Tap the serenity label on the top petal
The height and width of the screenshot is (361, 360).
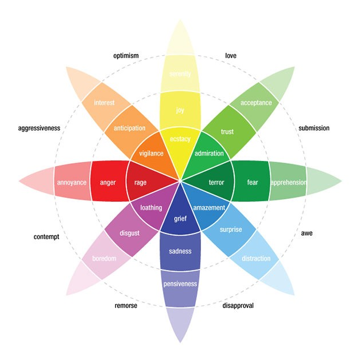click(x=180, y=74)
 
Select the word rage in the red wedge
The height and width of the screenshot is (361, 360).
click(x=141, y=182)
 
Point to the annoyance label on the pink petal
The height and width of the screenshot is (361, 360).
click(x=72, y=182)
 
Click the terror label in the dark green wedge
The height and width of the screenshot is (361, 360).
click(x=216, y=182)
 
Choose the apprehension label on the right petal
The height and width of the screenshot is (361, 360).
click(x=288, y=182)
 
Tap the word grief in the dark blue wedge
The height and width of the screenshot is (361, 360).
click(x=180, y=219)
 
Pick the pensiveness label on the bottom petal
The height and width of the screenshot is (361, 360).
click(x=180, y=283)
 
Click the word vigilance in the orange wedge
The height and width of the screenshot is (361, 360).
click(x=152, y=153)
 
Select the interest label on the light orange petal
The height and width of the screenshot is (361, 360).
click(x=104, y=103)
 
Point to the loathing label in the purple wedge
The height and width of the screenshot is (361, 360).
click(x=152, y=208)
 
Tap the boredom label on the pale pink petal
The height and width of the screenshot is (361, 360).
click(x=104, y=259)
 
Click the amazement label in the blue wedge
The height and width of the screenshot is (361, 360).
click(x=209, y=208)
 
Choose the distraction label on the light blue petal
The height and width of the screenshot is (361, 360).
click(x=256, y=258)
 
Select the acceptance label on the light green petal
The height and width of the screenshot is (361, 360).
click(x=256, y=103)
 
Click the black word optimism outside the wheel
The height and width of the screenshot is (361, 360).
click(x=126, y=56)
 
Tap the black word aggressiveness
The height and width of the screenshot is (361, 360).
click(x=39, y=128)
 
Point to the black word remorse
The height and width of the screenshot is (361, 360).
click(x=126, y=305)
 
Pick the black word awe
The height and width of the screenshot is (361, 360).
click(x=307, y=233)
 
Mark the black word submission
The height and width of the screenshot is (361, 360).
click(x=314, y=128)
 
